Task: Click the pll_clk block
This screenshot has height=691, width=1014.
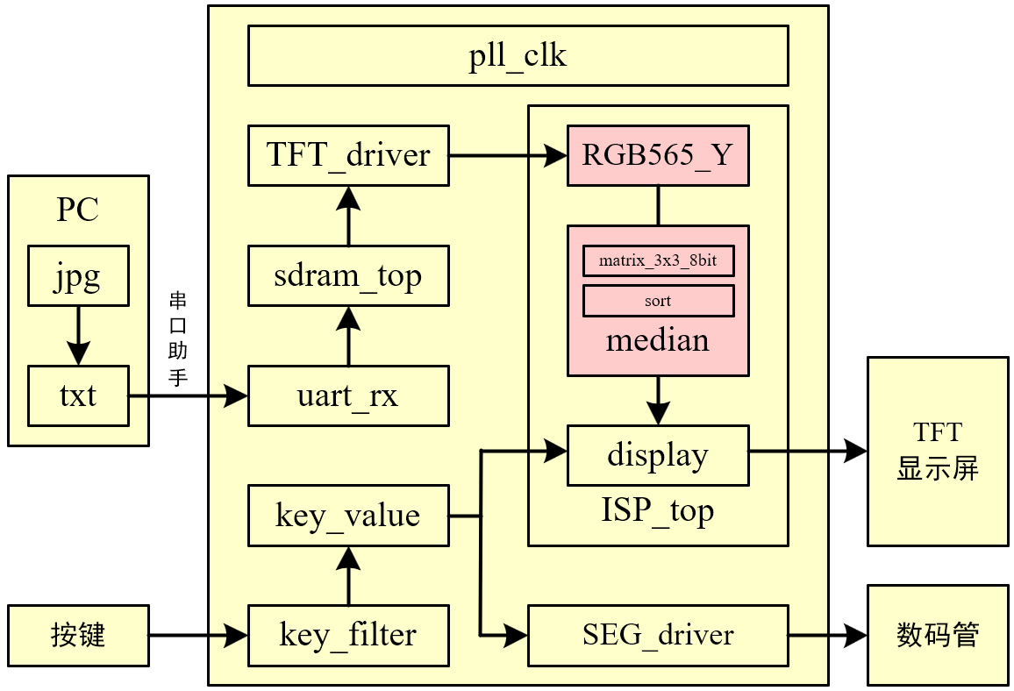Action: click(x=518, y=56)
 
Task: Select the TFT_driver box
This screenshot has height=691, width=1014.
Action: click(x=348, y=155)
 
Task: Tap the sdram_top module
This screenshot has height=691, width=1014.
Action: click(x=348, y=276)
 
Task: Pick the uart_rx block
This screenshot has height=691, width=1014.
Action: click(x=348, y=395)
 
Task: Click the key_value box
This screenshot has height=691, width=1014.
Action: click(x=348, y=515)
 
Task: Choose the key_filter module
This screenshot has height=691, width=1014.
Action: click(x=348, y=634)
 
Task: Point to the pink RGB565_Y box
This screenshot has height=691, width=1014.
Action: click(x=658, y=155)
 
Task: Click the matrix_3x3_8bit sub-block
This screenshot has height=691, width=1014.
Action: click(x=658, y=261)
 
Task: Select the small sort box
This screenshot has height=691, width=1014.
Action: click(x=658, y=301)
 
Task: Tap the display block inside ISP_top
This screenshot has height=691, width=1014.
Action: click(x=658, y=455)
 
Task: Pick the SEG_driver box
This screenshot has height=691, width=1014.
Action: click(x=658, y=634)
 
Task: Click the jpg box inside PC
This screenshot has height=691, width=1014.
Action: click(x=78, y=276)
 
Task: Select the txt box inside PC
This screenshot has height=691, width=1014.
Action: click(x=78, y=395)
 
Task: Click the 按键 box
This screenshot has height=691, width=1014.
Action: click(x=78, y=634)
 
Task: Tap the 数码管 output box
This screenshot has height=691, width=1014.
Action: click(x=937, y=634)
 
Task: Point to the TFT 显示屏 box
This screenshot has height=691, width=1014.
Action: click(x=937, y=451)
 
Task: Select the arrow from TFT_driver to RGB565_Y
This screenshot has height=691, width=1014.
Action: click(x=509, y=156)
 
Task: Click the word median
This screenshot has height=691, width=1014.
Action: click(x=658, y=339)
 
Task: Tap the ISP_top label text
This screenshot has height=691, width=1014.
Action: click(x=658, y=509)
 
